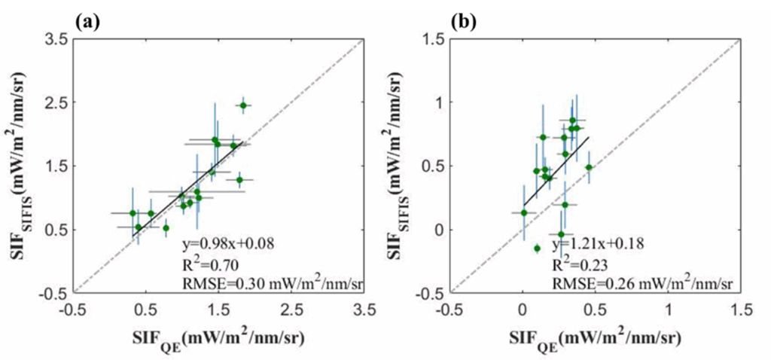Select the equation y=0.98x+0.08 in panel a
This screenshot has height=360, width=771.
point(230,243)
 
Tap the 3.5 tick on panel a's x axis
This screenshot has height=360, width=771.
point(364,310)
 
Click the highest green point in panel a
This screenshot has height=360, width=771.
point(243,105)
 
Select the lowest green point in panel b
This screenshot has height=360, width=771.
point(537,248)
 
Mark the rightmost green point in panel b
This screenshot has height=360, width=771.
point(589,167)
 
